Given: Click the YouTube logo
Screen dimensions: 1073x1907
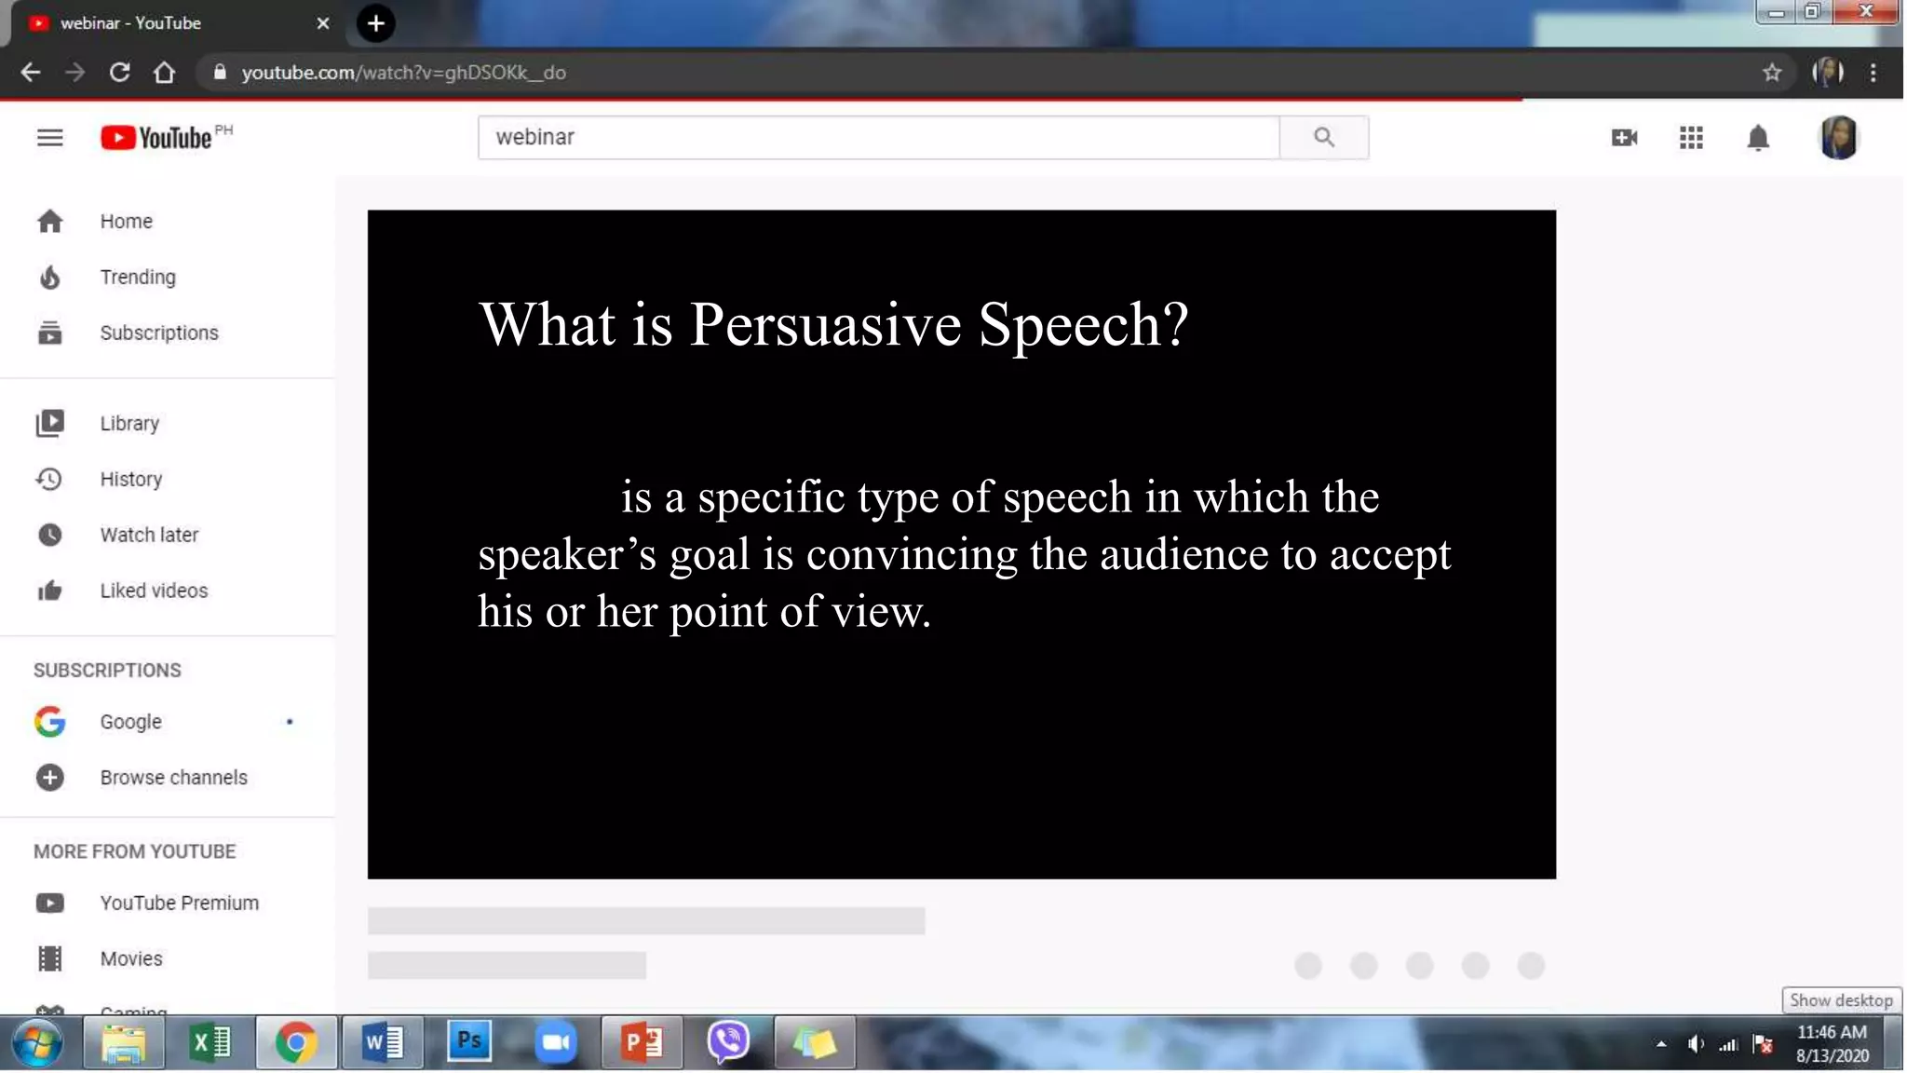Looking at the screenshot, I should pos(156,138).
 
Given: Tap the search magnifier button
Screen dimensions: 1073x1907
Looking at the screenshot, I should pos(1323,138).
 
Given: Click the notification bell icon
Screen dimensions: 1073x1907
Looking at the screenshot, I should pos(1757,138).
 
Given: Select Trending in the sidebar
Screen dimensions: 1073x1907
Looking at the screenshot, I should pos(138,277).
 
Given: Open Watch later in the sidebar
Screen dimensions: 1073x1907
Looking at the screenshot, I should pos(149,535).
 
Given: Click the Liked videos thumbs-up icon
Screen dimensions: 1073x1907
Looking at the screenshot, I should pos(50,591).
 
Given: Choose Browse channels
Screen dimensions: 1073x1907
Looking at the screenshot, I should pos(173,778).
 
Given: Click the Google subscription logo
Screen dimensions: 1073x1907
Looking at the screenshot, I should pos(50,722).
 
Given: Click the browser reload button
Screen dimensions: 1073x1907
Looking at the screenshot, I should pos(119,73).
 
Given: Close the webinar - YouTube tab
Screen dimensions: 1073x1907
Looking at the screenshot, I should pos(323,23).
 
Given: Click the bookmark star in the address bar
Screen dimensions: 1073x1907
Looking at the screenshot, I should pos(1771,73).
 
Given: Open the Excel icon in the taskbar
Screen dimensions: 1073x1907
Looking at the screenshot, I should pos(210,1042).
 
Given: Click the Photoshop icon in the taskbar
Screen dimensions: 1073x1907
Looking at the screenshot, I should pos(469,1042).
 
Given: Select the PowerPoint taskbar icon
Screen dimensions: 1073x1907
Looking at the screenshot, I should pos(642,1042).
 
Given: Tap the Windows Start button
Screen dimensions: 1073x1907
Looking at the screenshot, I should pos(37,1042).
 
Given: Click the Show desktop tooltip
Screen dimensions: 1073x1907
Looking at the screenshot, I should pos(1841,1000).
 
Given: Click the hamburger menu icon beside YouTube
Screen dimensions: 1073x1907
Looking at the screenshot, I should pos(50,138).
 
